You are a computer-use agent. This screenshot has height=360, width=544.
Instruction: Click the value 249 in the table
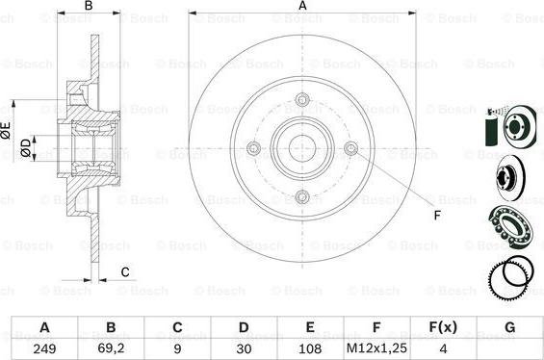44,348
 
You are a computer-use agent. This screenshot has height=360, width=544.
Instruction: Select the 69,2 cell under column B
111,348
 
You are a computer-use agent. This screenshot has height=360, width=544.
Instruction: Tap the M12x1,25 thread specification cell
376,348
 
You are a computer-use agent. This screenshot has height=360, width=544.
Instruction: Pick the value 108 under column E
310,348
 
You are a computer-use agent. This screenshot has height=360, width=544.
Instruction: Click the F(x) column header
443,327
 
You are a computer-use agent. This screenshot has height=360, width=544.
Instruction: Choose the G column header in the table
509,327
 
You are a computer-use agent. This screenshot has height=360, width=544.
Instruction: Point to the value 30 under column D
244,348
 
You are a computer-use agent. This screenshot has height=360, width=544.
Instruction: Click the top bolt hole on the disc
302,100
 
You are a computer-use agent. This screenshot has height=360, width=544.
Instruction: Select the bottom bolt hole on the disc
302,197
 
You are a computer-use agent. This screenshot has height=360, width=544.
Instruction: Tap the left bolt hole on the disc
253,148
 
